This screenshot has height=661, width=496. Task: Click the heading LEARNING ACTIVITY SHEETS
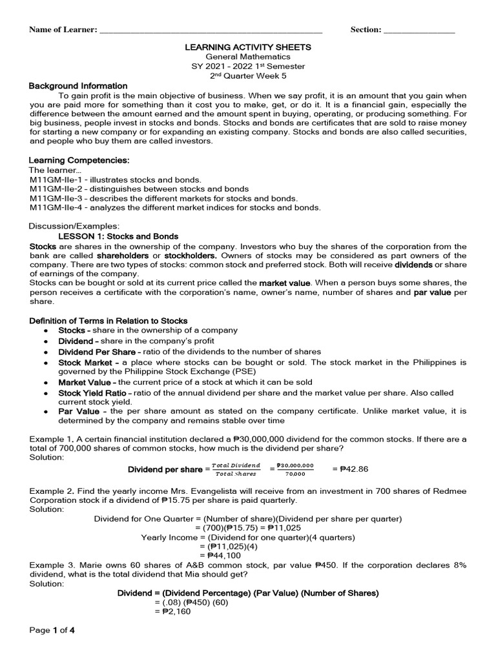(x=248, y=47)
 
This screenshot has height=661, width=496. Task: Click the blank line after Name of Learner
(x=211, y=30)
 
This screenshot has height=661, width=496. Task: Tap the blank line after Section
(x=419, y=30)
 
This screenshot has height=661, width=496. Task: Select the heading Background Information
(x=78, y=86)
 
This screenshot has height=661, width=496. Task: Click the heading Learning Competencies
(x=80, y=160)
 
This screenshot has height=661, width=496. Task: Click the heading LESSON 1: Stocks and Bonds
(x=118, y=236)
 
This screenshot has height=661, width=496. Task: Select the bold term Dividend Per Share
(x=97, y=352)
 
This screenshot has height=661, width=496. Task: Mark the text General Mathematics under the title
(x=248, y=57)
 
